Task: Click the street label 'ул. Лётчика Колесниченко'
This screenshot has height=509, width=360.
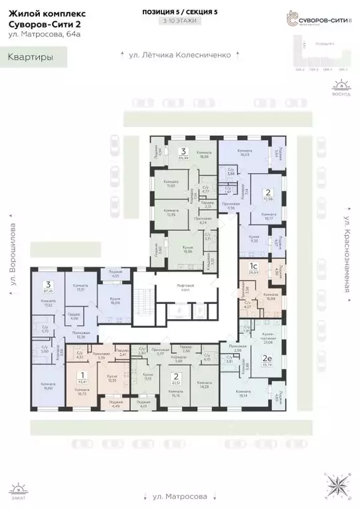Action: [180, 55]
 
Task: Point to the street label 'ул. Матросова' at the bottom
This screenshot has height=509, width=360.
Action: [180, 496]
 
